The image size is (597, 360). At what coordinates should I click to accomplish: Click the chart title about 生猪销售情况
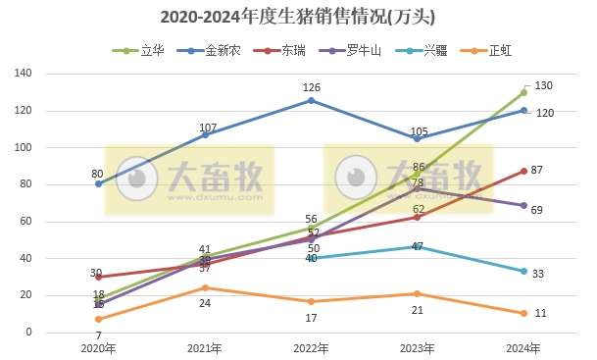[x=297, y=18]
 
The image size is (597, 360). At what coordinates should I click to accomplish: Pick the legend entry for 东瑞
[x=290, y=50]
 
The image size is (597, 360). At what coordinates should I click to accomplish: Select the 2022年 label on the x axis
[x=311, y=347]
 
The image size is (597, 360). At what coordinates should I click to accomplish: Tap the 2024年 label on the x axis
[x=523, y=347]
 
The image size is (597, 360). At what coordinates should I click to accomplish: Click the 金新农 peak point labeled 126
[x=311, y=100]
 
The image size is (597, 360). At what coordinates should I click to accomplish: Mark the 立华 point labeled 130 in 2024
[x=523, y=93]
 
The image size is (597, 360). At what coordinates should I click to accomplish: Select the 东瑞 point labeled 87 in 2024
[x=523, y=172]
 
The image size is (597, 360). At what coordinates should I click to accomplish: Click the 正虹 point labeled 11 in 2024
[x=523, y=313]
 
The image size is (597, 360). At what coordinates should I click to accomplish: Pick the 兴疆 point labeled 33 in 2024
[x=523, y=272]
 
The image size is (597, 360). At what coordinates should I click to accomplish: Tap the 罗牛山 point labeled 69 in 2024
[x=523, y=205]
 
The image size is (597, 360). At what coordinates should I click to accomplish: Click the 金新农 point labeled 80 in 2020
[x=98, y=184]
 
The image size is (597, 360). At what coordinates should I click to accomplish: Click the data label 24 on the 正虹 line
[x=206, y=303]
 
